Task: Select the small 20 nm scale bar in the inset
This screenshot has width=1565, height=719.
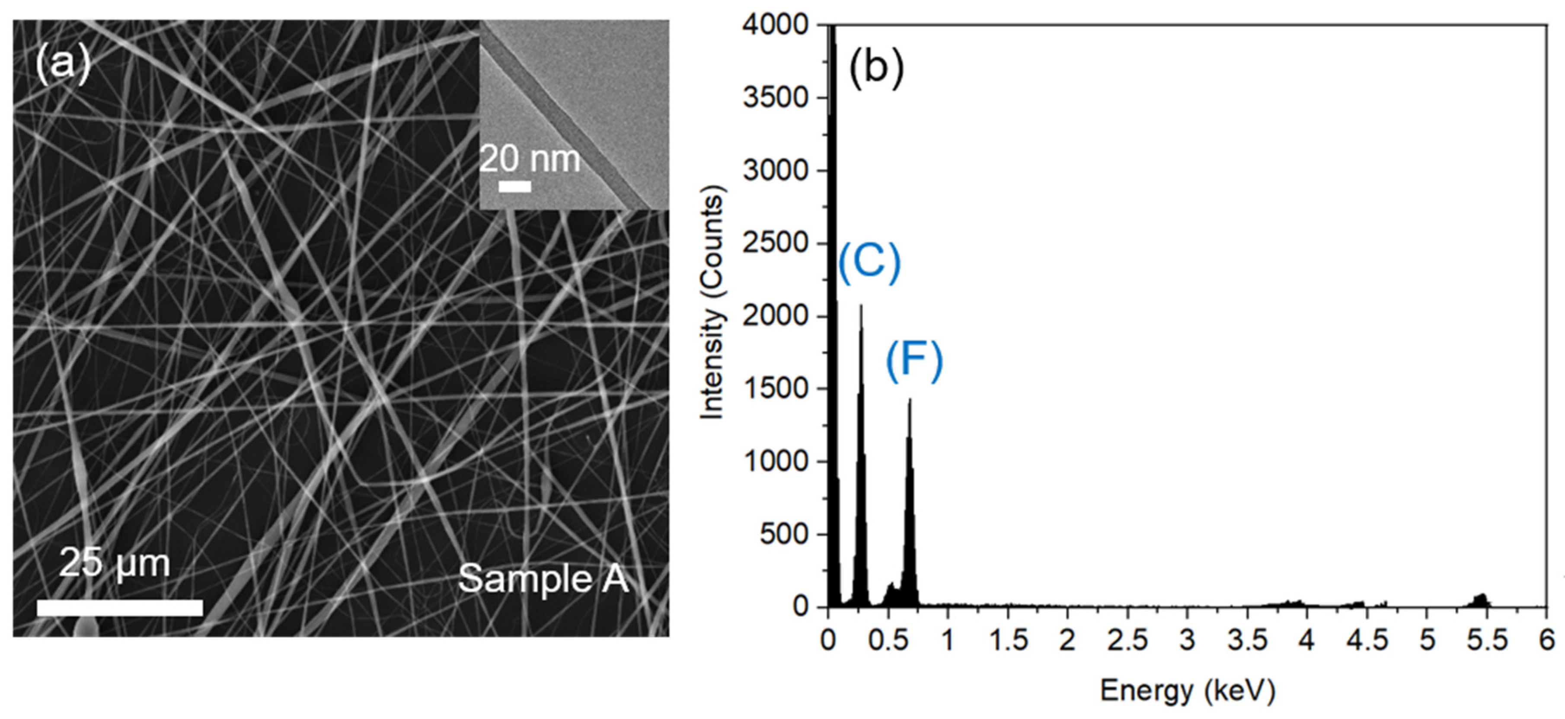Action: [x=514, y=186]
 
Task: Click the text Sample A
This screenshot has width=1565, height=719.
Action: [x=543, y=578]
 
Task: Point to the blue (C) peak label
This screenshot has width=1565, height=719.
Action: [x=869, y=263]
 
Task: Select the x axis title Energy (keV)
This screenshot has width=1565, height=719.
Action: [x=1187, y=691]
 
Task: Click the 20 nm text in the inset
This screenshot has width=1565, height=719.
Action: [x=530, y=159]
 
